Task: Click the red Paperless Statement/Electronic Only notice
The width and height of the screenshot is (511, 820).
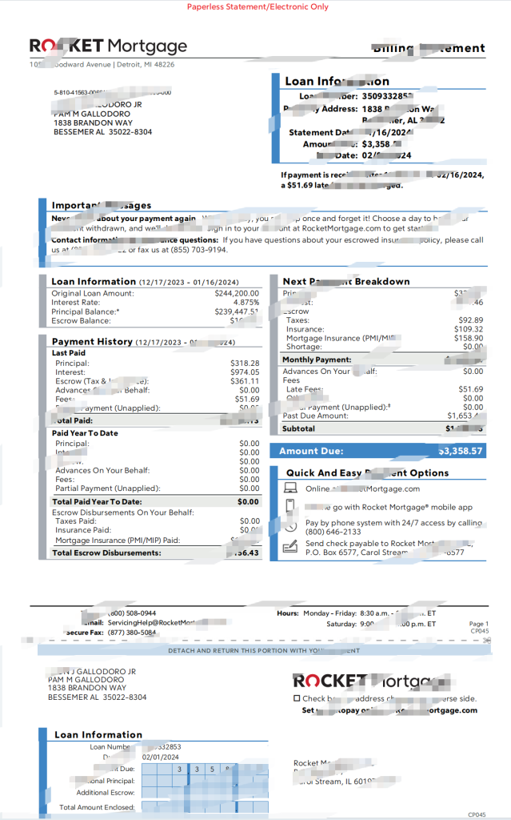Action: click(257, 6)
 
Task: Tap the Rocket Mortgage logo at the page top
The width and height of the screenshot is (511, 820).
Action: click(108, 46)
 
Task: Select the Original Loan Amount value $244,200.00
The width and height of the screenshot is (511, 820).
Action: click(237, 293)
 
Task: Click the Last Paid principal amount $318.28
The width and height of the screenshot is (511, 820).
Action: click(245, 363)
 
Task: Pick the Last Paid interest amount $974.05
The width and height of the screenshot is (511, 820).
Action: click(245, 372)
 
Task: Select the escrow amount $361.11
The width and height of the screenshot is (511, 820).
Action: click(245, 381)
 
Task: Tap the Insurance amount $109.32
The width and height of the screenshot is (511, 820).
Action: click(467, 329)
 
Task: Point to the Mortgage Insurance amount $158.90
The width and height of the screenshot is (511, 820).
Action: click(467, 338)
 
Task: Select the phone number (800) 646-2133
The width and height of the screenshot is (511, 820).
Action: click(332, 532)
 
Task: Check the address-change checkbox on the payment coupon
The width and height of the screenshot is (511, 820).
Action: click(297, 698)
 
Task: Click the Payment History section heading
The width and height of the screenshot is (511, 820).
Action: click(92, 342)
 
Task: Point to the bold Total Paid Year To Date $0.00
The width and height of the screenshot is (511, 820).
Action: click(248, 502)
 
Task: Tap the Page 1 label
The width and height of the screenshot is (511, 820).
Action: click(478, 624)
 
